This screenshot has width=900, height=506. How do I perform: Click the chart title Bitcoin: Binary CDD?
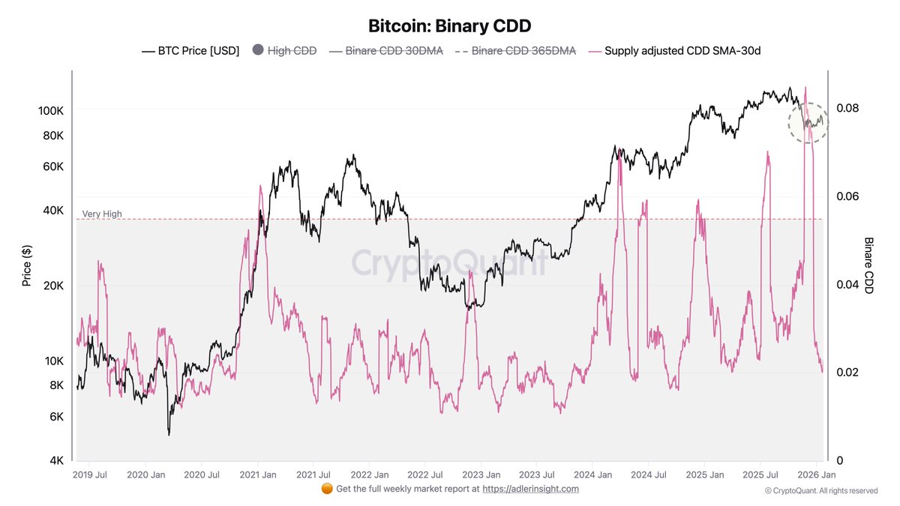click(x=449, y=25)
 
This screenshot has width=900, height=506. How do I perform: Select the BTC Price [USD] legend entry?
click(x=190, y=51)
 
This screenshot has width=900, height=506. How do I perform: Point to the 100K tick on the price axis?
click(x=50, y=111)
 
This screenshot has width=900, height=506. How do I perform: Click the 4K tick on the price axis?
click(x=56, y=460)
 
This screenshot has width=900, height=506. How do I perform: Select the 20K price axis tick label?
click(x=53, y=286)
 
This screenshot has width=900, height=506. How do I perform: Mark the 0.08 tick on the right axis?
click(x=847, y=108)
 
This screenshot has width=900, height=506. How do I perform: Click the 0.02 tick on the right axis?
click(x=847, y=373)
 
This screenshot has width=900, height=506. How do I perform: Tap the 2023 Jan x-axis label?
click(x=481, y=475)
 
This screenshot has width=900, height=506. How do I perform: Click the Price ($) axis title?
click(x=27, y=265)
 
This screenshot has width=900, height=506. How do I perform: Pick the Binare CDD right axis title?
click(x=868, y=265)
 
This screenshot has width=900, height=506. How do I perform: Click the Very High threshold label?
click(x=102, y=214)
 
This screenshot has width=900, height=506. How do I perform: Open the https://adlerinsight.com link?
click(x=530, y=489)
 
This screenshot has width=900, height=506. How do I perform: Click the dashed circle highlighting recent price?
click(x=808, y=122)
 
